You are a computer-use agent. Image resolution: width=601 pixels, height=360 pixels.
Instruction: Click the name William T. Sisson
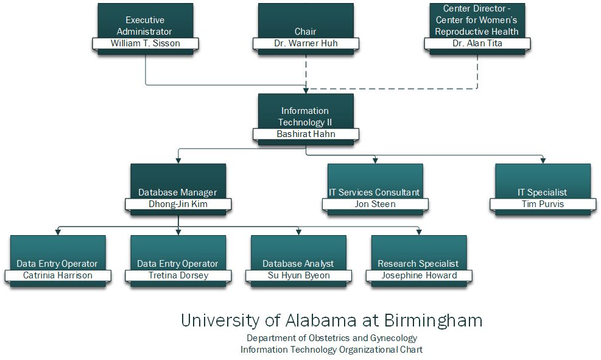145,43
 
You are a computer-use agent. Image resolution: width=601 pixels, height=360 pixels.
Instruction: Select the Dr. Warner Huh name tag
306,43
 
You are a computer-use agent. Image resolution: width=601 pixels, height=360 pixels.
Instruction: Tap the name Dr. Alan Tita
477,43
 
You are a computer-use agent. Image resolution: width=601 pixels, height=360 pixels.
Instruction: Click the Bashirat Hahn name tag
306,134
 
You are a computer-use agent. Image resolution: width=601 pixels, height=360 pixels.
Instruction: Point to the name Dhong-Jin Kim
178,204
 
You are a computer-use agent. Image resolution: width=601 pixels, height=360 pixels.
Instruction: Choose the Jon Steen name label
375,204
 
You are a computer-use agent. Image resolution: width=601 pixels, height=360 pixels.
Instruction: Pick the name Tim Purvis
543,204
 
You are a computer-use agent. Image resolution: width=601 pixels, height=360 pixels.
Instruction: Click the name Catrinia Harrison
58,275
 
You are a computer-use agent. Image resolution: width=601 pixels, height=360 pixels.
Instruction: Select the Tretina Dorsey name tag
178,275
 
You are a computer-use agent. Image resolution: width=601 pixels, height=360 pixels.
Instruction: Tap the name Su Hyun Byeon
299,275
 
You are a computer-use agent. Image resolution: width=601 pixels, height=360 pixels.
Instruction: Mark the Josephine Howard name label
419,275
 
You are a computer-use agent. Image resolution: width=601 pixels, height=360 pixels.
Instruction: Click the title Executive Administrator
145,26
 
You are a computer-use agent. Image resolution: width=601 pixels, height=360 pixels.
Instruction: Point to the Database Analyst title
298,264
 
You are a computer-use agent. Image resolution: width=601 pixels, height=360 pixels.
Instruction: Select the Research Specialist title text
418,264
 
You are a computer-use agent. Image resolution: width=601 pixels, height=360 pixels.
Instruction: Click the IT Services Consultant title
374,192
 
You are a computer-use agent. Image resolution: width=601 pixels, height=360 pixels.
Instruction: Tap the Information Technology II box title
305,116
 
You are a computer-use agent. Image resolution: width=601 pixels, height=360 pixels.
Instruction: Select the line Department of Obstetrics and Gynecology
332,338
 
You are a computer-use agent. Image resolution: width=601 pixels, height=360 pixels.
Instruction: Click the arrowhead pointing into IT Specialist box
543,161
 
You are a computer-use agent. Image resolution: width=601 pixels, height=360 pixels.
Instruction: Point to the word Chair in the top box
306,32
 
